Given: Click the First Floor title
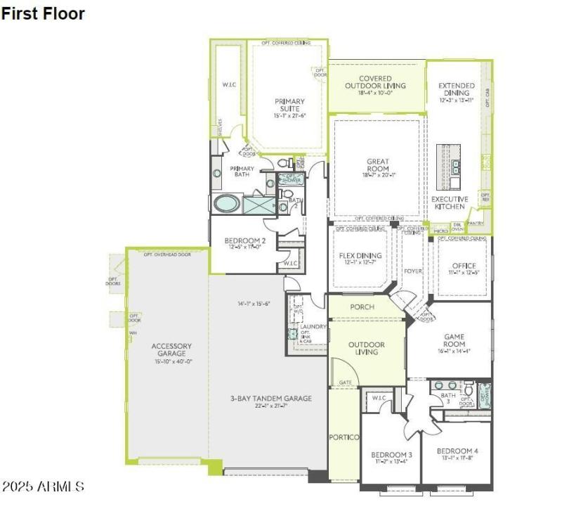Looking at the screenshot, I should pos(44,13).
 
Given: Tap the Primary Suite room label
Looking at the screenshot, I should pos(289,105).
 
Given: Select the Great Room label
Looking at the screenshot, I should pos(378,166).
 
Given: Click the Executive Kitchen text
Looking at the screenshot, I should pos(450,202).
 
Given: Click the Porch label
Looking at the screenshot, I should pos(362,307).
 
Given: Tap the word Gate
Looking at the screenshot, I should pos(345,383).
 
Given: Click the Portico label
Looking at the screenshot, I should pos(344,437).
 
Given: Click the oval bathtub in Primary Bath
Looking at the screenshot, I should pos(227,205).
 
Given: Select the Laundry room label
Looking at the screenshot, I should pos(311,326).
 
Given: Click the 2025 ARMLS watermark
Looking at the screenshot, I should pos(44,487).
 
